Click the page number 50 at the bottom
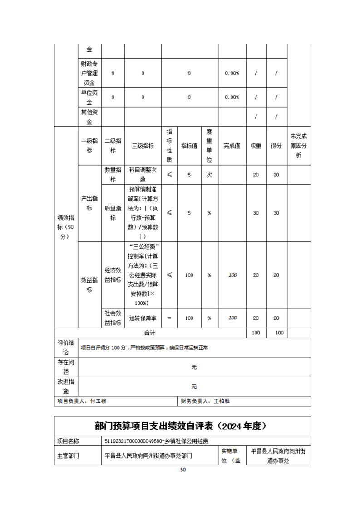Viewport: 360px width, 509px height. click(183, 470)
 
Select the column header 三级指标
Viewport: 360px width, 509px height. click(143, 146)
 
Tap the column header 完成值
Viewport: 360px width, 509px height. click(232, 146)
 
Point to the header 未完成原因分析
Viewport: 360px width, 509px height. click(299, 146)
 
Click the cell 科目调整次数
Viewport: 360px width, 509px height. click(143, 175)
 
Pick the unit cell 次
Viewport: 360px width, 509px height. click(209, 175)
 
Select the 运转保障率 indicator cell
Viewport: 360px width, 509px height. click(143, 318)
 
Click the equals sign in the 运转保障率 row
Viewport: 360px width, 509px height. click(169, 318)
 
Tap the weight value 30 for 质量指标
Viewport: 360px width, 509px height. click(256, 213)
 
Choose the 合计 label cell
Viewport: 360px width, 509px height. click(150, 333)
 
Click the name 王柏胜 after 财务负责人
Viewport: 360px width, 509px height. click(222, 401)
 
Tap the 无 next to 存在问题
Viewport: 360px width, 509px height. click(194, 367)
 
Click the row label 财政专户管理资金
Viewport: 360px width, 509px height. click(89, 73)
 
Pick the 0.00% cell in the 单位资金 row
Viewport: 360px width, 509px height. click(232, 97)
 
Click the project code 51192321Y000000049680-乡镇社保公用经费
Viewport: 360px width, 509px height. click(156, 440)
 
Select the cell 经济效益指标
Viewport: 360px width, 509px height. click(113, 275)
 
